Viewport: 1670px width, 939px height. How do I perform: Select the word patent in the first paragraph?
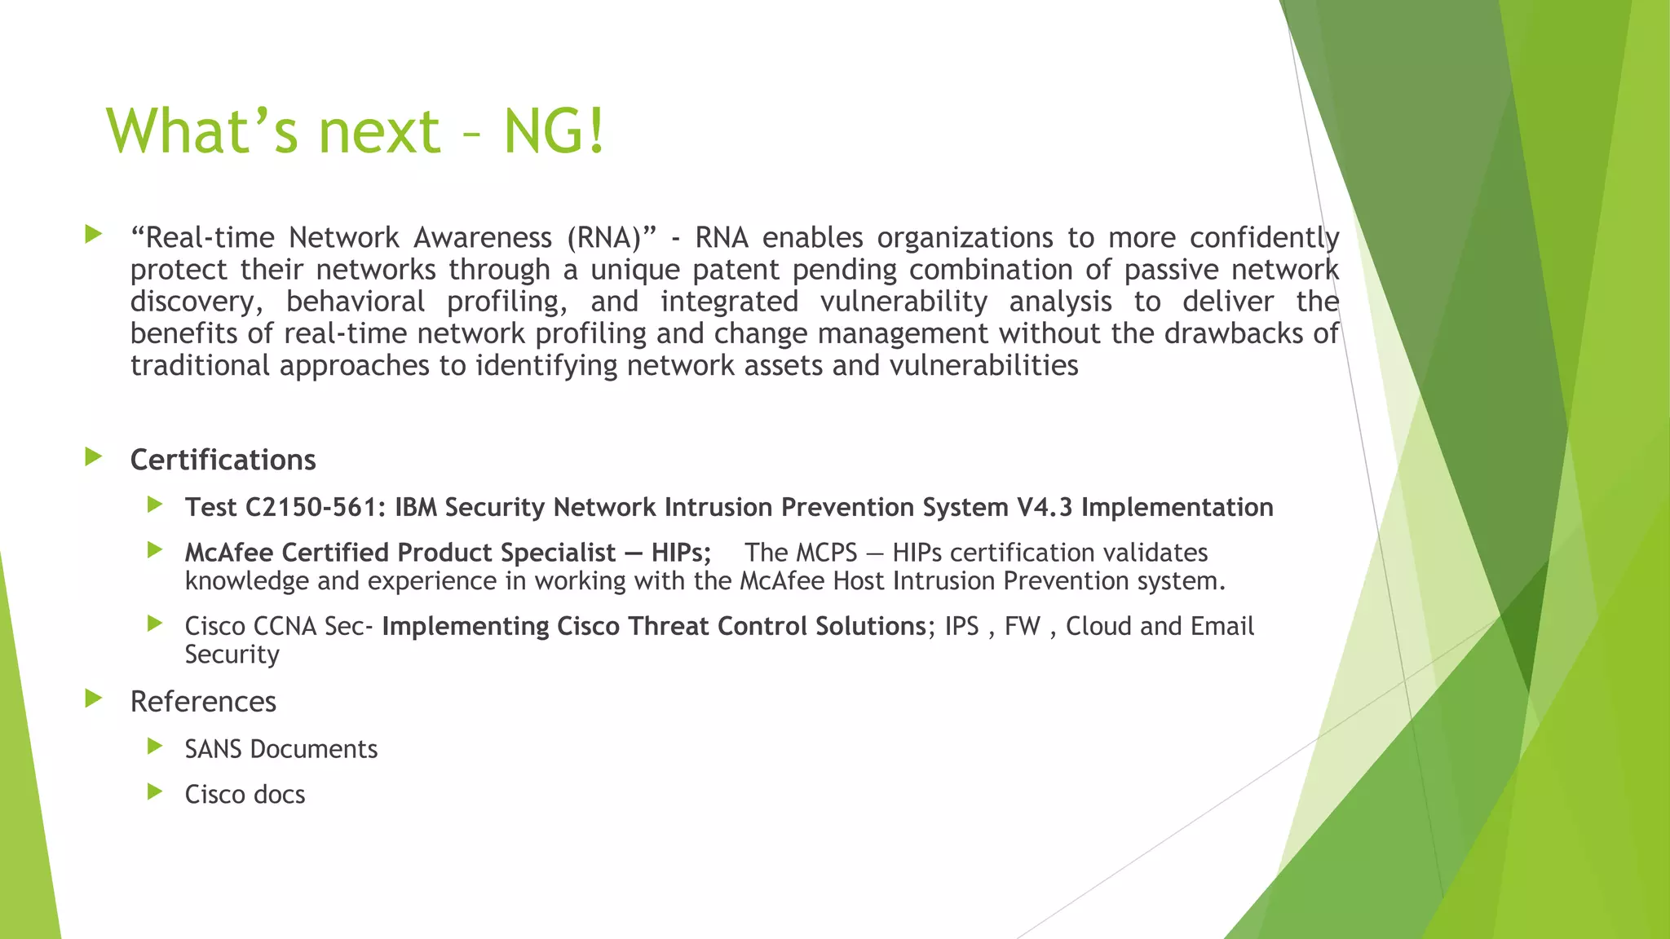[x=735, y=270]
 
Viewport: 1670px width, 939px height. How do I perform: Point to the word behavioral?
[x=356, y=302]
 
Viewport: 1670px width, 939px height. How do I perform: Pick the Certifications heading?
[x=223, y=460]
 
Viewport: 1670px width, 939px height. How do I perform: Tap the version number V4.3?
[x=1045, y=507]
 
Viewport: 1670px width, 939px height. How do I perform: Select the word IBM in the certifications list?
[x=416, y=507]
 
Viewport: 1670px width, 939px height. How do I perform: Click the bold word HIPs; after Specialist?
[x=681, y=553]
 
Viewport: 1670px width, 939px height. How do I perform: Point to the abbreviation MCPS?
[x=827, y=553]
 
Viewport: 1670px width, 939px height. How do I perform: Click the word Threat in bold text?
[x=664, y=626]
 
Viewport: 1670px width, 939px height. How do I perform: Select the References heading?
[x=203, y=702]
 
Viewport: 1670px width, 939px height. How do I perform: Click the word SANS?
[x=213, y=749]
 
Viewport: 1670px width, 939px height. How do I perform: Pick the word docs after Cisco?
[x=278, y=795]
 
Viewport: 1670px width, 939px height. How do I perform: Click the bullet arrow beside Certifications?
[x=93, y=456]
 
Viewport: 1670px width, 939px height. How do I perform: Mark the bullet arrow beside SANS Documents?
[x=155, y=746]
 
